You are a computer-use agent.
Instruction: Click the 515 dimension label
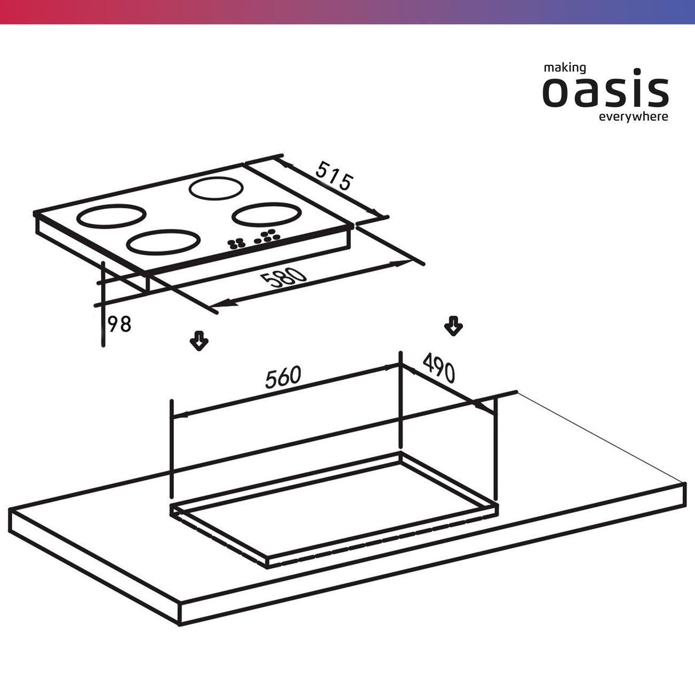[333, 176]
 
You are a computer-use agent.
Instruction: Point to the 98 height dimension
[119, 324]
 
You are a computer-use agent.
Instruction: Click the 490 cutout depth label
[438, 368]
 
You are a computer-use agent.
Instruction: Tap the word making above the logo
[565, 68]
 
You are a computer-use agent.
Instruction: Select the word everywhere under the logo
[634, 117]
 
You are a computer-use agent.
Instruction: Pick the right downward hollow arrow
[453, 326]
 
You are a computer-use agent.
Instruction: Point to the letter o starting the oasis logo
[555, 92]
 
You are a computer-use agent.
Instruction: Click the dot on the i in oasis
[628, 72]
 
